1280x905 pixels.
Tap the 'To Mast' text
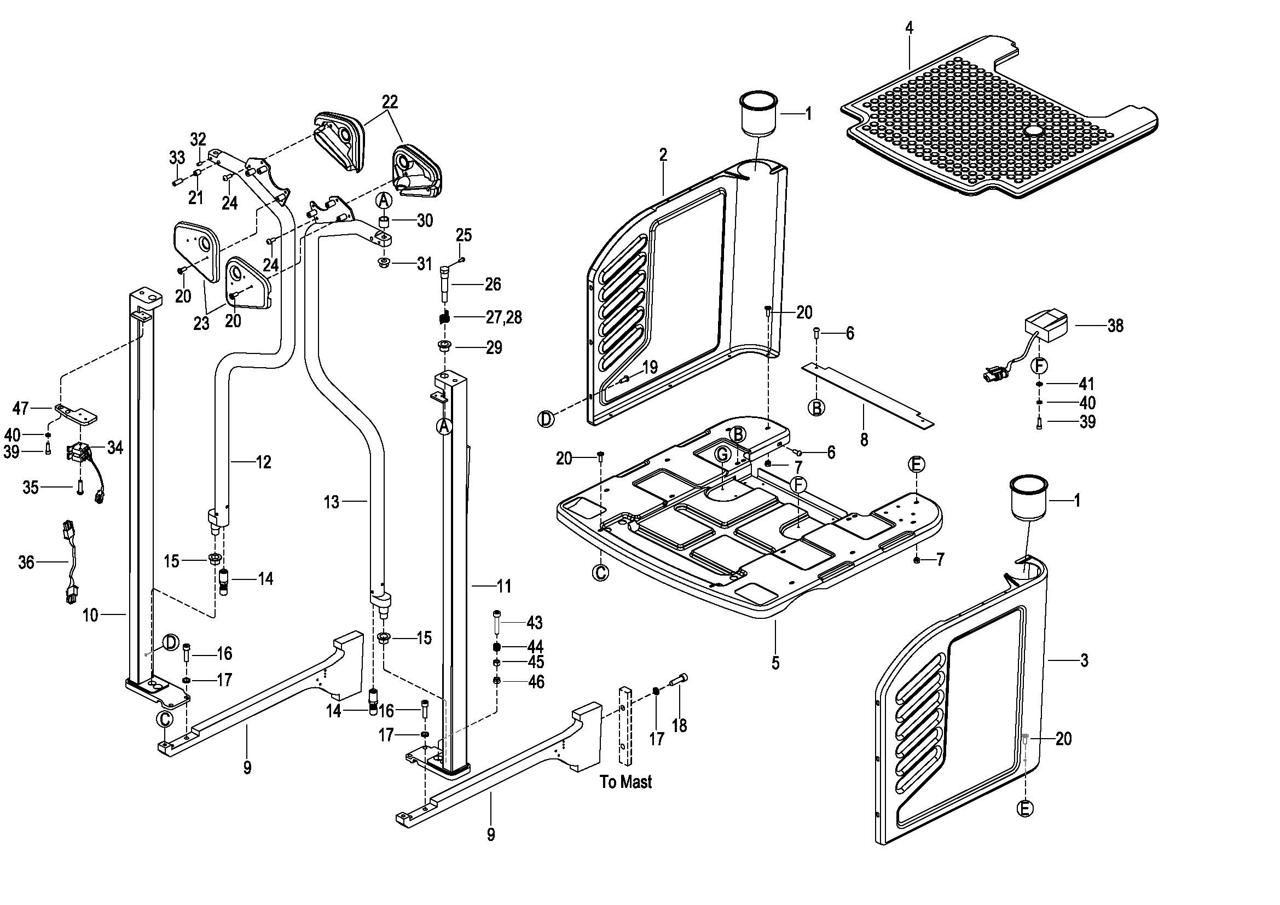[625, 782]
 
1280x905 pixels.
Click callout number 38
[1115, 326]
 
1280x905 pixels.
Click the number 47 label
[21, 409]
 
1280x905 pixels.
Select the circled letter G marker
[722, 454]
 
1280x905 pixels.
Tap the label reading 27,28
[504, 318]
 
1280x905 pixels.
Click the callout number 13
[331, 502]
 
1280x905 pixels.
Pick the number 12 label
[263, 462]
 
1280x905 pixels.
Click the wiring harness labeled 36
[69, 563]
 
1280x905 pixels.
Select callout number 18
[679, 726]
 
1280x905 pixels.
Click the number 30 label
[425, 221]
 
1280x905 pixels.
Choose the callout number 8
[864, 440]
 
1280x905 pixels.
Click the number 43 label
[534, 622]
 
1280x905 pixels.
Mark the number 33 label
[177, 158]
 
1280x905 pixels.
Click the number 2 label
[663, 154]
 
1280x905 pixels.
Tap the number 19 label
[650, 367]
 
